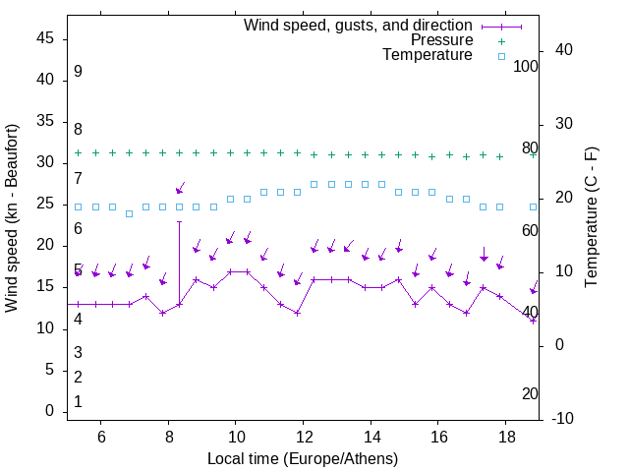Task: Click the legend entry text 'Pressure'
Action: click(441, 40)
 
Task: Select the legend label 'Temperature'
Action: click(428, 56)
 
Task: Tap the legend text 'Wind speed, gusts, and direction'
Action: click(359, 25)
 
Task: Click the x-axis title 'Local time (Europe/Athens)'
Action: click(303, 459)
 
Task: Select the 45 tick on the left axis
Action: click(46, 37)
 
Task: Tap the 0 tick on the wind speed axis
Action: click(50, 412)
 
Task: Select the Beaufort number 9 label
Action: click(78, 72)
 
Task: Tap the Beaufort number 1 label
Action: click(78, 402)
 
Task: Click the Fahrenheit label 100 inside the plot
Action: click(527, 67)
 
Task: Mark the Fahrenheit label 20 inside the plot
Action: click(530, 393)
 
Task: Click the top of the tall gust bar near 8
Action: click(179, 221)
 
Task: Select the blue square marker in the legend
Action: click(501, 56)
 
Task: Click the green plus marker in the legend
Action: click(501, 40)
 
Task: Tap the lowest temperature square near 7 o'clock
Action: click(129, 213)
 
